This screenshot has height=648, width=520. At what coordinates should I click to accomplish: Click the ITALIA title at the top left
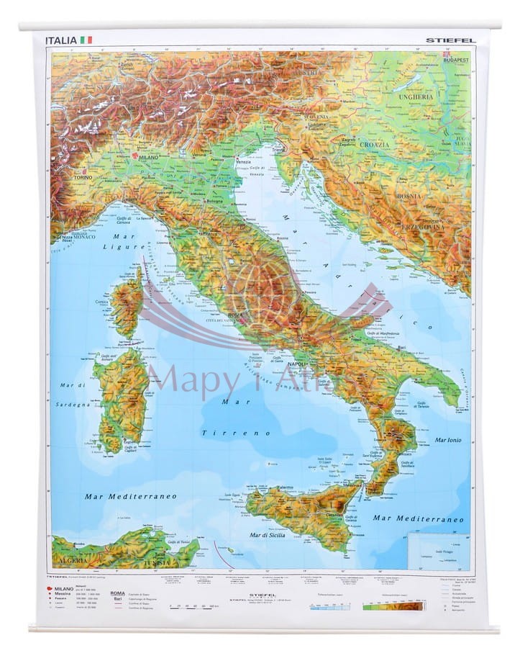pyautogui.click(x=60, y=40)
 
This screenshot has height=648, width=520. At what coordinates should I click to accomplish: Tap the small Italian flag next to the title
pyautogui.click(x=86, y=40)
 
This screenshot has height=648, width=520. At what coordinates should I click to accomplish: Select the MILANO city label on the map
pyautogui.click(x=147, y=156)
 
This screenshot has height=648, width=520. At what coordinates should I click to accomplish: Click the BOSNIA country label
pyautogui.click(x=409, y=195)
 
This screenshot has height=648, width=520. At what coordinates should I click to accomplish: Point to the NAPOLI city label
pyautogui.click(x=298, y=365)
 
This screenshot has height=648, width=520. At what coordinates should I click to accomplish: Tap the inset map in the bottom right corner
pyautogui.click(x=438, y=551)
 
